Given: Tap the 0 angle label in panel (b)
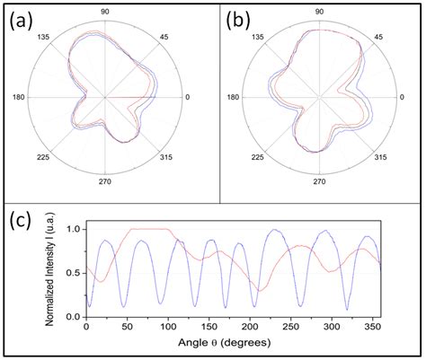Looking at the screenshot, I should click(x=409, y=97).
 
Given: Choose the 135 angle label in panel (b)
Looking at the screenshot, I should click(x=259, y=36).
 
